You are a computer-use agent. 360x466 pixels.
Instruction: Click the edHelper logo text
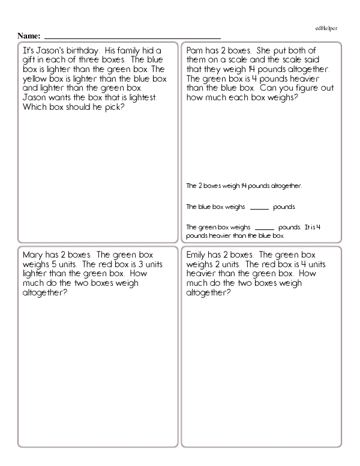pos(326,28)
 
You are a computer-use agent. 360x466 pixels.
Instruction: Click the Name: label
pos(29,36)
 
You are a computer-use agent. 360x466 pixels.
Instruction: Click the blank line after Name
pos(132,37)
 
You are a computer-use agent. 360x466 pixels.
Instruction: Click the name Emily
pos(198,255)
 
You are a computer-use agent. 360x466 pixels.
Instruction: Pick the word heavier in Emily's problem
pos(202,274)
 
